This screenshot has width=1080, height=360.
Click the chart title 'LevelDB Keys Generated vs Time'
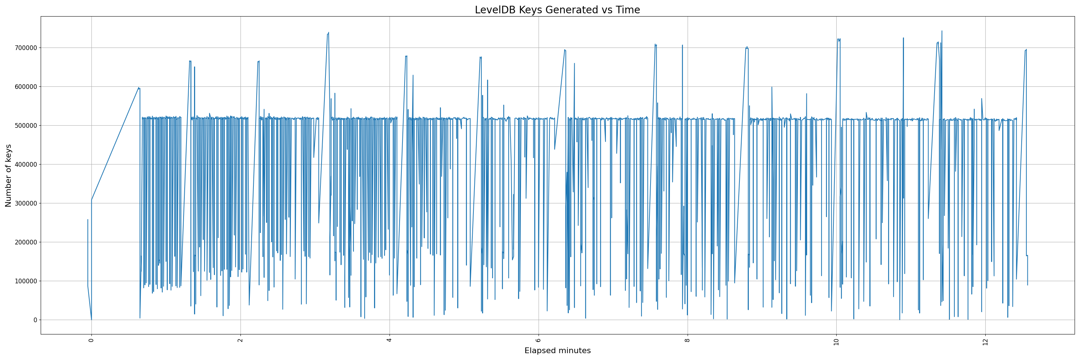[x=557, y=10]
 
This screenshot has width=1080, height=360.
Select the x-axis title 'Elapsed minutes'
[x=557, y=351]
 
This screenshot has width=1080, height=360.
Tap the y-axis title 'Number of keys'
[x=8, y=175]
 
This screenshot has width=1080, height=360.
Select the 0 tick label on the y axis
[x=35, y=320]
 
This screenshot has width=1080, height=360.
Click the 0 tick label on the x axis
[x=91, y=340]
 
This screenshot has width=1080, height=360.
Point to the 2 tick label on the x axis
[x=240, y=340]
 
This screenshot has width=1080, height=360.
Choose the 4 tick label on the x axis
[x=390, y=340]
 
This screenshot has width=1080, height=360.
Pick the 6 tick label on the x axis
[x=538, y=340]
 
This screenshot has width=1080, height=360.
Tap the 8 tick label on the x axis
[x=687, y=340]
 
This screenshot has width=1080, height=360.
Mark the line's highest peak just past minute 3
[x=328, y=33]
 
